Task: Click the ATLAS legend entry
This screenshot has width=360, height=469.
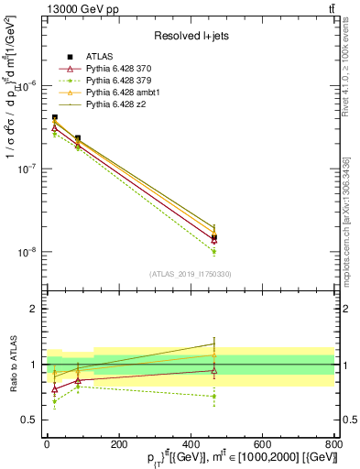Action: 98,58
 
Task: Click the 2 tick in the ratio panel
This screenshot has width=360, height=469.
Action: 31,310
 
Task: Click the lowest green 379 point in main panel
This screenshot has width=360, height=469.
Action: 213,251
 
